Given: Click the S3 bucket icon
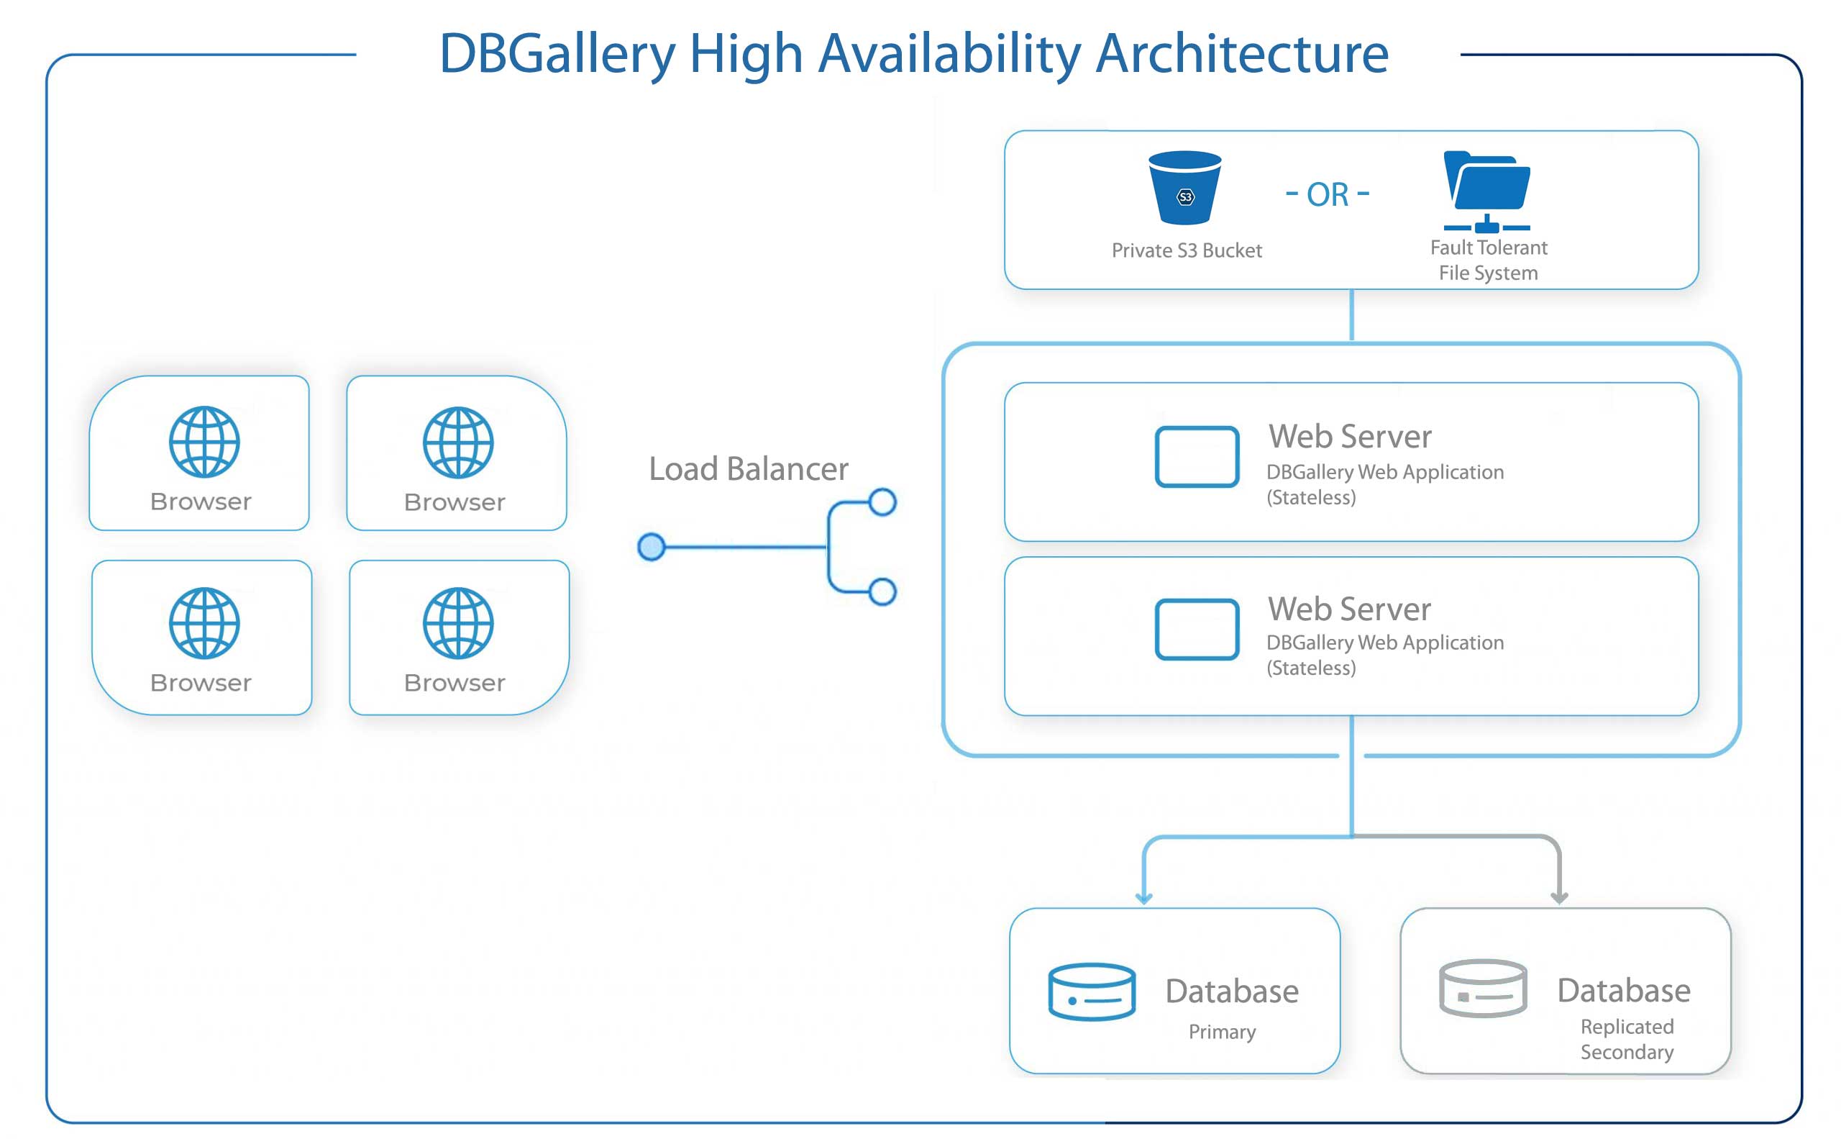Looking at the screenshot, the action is coord(1184,188).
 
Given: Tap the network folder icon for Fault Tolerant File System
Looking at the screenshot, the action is coord(1486,191).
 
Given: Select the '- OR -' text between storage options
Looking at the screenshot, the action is coord(1327,194).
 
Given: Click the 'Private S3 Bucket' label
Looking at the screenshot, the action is coord(1187,250).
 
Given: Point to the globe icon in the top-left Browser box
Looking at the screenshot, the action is coord(204,443).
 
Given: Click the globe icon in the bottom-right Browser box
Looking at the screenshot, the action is coord(458,623).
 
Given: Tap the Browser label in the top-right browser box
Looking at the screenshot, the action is coord(454,502).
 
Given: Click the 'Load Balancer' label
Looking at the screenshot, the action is coord(749,468).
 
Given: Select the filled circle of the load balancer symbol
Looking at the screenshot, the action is coord(652,547).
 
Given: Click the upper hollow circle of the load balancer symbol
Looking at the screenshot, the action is coord(882,502).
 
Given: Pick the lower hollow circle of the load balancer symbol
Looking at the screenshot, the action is coord(882,591).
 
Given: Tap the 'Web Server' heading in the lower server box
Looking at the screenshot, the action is coord(1349,609).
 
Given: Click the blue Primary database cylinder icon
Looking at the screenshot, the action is coord(1092,991).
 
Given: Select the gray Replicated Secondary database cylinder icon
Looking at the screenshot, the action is coord(1483,989).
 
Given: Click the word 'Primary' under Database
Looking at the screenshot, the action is coord(1222,1032).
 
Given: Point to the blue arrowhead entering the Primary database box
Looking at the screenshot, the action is coord(1143,898).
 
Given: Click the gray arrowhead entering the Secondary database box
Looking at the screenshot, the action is coord(1559,898).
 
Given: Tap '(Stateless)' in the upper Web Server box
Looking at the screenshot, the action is coord(1311,498).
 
